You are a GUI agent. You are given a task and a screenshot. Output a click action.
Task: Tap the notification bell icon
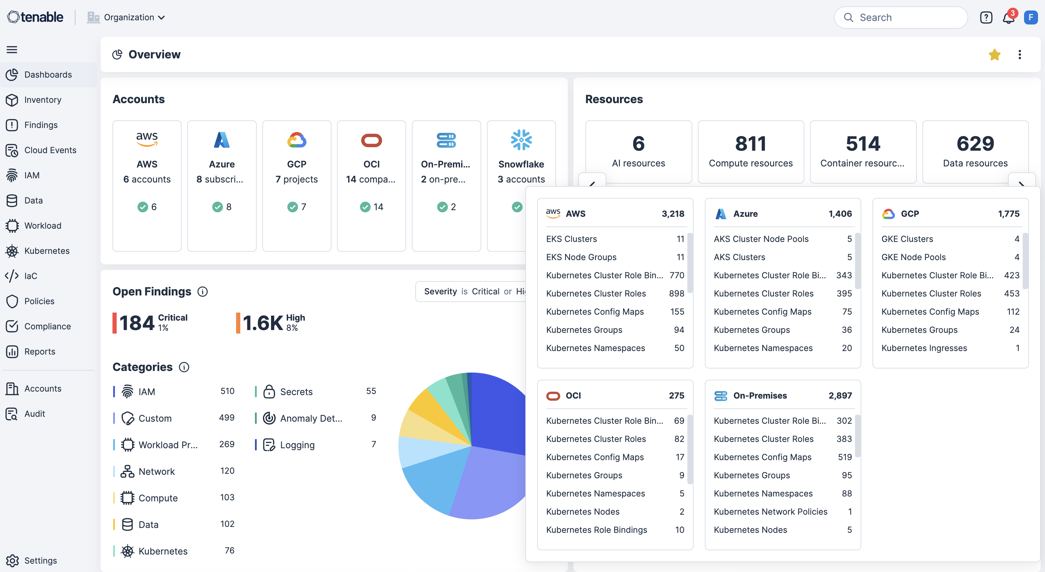pyautogui.click(x=1008, y=18)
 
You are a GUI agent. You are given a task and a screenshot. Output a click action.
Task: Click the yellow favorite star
pyautogui.click(x=994, y=55)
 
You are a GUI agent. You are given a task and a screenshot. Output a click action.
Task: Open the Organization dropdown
pyautogui.click(x=126, y=17)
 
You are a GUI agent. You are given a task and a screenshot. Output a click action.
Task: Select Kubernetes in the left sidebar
pyautogui.click(x=47, y=251)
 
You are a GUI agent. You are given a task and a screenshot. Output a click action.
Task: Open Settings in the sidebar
pyautogui.click(x=40, y=560)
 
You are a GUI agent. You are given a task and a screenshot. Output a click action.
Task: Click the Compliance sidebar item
pyautogui.click(x=47, y=327)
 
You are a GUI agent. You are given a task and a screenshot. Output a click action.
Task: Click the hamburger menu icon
pyautogui.click(x=12, y=50)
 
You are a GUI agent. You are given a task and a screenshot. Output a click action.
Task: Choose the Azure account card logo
pyautogui.click(x=221, y=141)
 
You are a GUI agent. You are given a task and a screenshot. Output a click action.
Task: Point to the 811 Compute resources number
pyautogui.click(x=751, y=144)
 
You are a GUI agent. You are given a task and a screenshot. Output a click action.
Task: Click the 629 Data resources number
pyautogui.click(x=975, y=144)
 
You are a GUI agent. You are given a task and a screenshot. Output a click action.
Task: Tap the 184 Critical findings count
pyautogui.click(x=137, y=323)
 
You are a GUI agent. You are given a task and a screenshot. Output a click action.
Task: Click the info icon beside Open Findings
pyautogui.click(x=203, y=292)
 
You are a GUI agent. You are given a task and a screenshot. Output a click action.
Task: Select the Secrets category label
pyautogui.click(x=296, y=392)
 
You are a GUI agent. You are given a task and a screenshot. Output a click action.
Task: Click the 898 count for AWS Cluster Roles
pyautogui.click(x=676, y=293)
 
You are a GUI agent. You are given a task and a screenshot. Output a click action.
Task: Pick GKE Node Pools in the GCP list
pyautogui.click(x=913, y=257)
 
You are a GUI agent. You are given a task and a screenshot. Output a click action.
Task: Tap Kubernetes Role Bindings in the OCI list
pyautogui.click(x=596, y=530)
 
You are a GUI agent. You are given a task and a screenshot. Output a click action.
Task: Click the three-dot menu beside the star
pyautogui.click(x=1020, y=55)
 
